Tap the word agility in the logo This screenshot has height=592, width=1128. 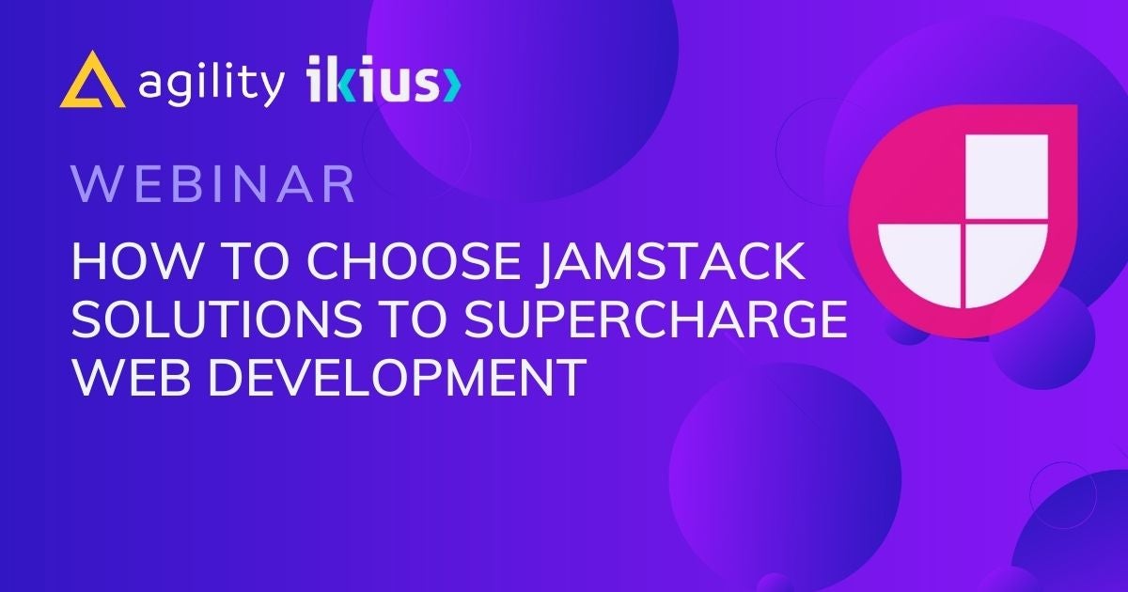tap(211, 82)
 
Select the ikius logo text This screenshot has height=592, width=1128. tap(384, 80)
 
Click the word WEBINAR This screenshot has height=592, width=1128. tap(213, 184)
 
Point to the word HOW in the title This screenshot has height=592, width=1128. tap(135, 261)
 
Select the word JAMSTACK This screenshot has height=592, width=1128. tap(670, 262)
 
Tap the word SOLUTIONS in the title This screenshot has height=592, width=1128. tap(217, 319)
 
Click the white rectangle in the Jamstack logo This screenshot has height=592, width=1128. tap(1007, 177)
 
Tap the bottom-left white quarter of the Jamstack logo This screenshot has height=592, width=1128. tap(920, 262)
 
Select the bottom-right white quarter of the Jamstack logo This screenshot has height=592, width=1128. tap(1005, 262)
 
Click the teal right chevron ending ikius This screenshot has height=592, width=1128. tap(453, 85)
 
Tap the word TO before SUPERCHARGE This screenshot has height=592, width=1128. tap(413, 319)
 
